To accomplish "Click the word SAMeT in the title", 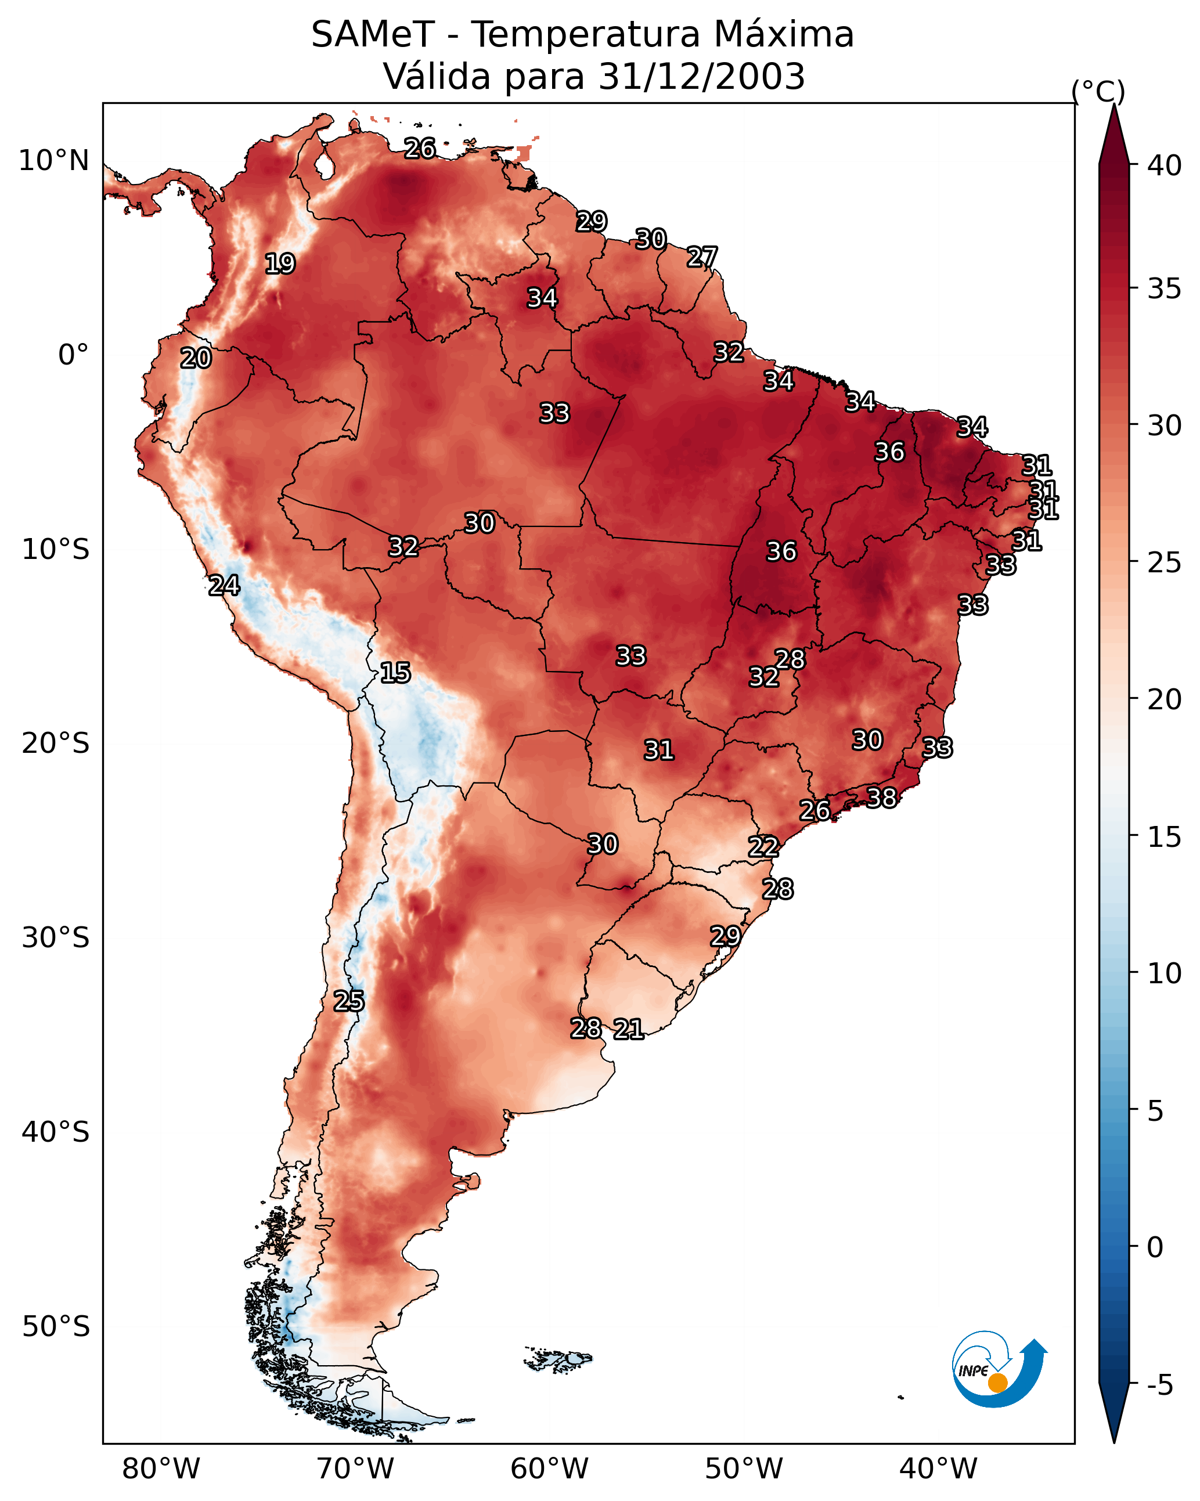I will pyautogui.click(x=372, y=35).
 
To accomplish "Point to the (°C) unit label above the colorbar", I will pyautogui.click(x=1098, y=91).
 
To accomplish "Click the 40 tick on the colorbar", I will pyautogui.click(x=1164, y=165).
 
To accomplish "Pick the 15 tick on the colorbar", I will pyautogui.click(x=1164, y=837).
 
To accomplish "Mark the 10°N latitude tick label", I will pyautogui.click(x=53, y=161).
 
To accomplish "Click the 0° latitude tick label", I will pyautogui.click(x=73, y=355).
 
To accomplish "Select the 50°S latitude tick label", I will pyautogui.click(x=56, y=1327).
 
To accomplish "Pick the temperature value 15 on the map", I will pyautogui.click(x=395, y=673).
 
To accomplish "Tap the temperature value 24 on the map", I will pyautogui.click(x=224, y=586).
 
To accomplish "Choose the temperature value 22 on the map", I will pyautogui.click(x=763, y=847).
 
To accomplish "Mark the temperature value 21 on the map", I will pyautogui.click(x=628, y=1029).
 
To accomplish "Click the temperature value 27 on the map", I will pyautogui.click(x=701, y=258).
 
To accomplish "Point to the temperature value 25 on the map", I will pyautogui.click(x=348, y=1001).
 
